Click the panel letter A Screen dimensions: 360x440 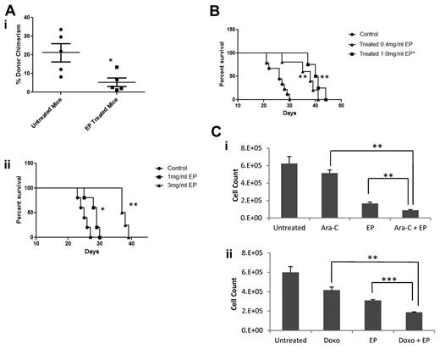8,7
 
